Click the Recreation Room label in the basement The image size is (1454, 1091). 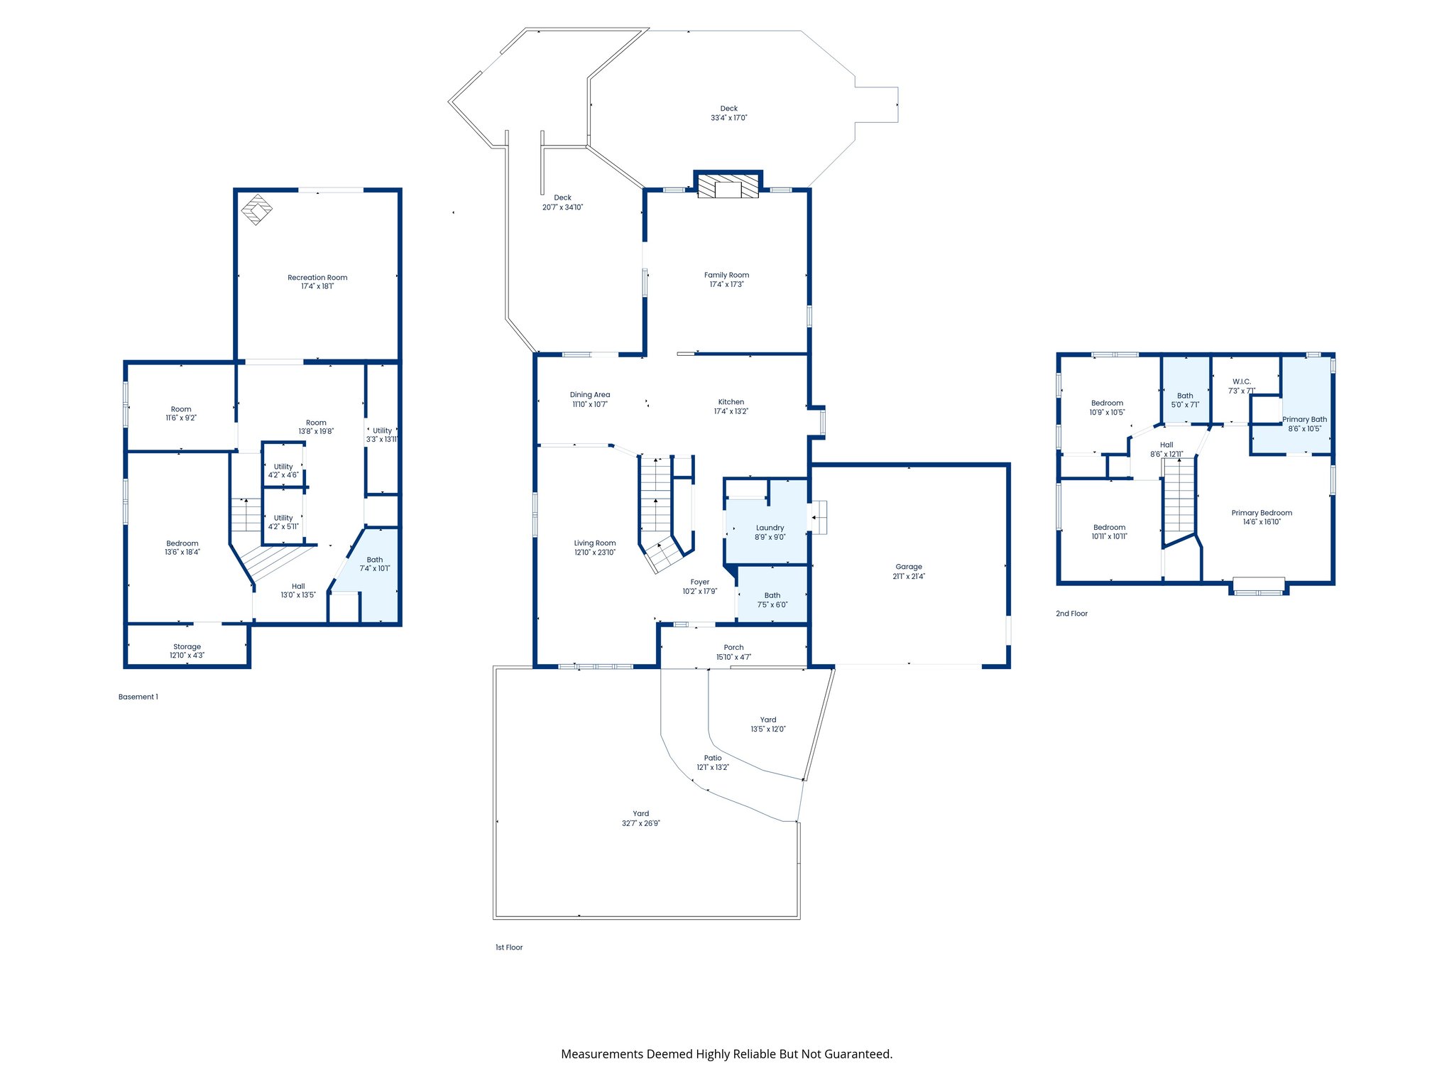pos(317,278)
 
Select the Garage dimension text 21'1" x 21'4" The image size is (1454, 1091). pos(909,577)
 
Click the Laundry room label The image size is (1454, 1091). pos(770,528)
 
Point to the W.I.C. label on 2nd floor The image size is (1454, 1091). pos(1242,381)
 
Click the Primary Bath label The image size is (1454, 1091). pos(1304,420)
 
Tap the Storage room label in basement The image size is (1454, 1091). pos(187,647)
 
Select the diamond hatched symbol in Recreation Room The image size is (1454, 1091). pos(256,209)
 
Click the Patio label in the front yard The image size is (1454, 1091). pos(713,758)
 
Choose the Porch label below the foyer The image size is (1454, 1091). pos(733,648)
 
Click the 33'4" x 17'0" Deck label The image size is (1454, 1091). pos(729,118)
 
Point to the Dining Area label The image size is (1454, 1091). pos(590,395)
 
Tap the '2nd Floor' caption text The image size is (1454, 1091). pos(1071,614)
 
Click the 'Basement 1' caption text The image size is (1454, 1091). pos(138,697)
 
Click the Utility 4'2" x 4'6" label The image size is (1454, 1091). pos(283,471)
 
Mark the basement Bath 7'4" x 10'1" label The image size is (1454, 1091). pos(375,564)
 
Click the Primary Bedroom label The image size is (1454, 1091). pos(1262,513)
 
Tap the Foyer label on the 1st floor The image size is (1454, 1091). pos(700,582)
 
